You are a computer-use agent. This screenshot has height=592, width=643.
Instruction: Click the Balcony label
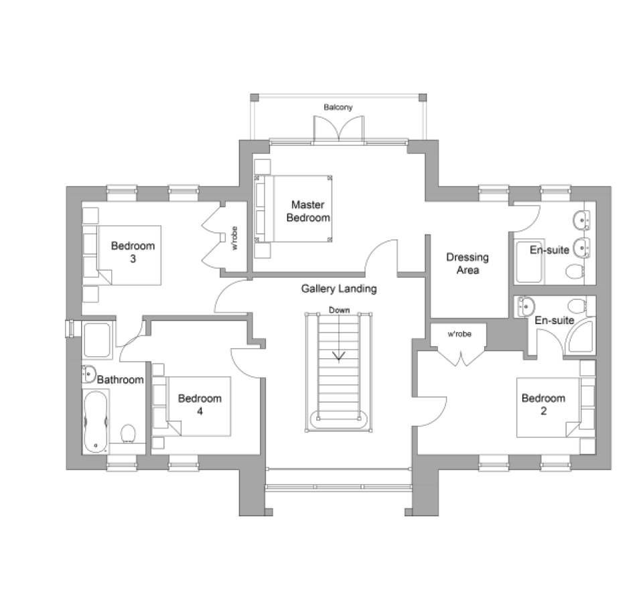[x=338, y=107]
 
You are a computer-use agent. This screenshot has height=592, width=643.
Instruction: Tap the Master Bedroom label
[x=308, y=211]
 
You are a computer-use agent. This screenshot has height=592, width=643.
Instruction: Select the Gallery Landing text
[x=339, y=289]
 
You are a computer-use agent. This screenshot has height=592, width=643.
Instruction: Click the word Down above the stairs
[x=339, y=310]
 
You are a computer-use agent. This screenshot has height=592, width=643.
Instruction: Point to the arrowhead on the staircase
[x=339, y=356]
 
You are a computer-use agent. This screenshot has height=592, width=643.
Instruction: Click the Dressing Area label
[x=468, y=264]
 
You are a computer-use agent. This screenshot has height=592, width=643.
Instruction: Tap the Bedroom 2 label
[x=543, y=404]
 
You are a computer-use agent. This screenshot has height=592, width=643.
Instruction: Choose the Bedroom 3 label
[x=133, y=252]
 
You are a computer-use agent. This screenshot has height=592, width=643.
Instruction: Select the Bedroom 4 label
[x=200, y=404]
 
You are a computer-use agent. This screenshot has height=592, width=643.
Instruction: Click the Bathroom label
[x=120, y=380]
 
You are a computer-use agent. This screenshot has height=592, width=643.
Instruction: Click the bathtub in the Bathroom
[x=96, y=421]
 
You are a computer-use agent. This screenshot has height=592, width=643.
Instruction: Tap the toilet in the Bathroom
[x=129, y=433]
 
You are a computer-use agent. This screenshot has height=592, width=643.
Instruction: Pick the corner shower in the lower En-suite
[x=580, y=336]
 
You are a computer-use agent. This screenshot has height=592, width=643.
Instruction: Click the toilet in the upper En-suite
[x=575, y=271]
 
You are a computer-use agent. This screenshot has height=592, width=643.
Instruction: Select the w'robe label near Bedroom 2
[x=459, y=334]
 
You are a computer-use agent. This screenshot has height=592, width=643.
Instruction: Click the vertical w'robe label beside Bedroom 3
[x=234, y=238]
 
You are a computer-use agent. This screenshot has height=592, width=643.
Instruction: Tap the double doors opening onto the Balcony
[x=339, y=129]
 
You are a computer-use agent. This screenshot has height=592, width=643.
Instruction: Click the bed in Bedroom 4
[x=191, y=406]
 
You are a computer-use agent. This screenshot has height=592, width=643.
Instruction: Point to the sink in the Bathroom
[x=89, y=374]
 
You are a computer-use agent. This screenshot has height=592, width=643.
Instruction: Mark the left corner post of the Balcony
[x=255, y=98]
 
